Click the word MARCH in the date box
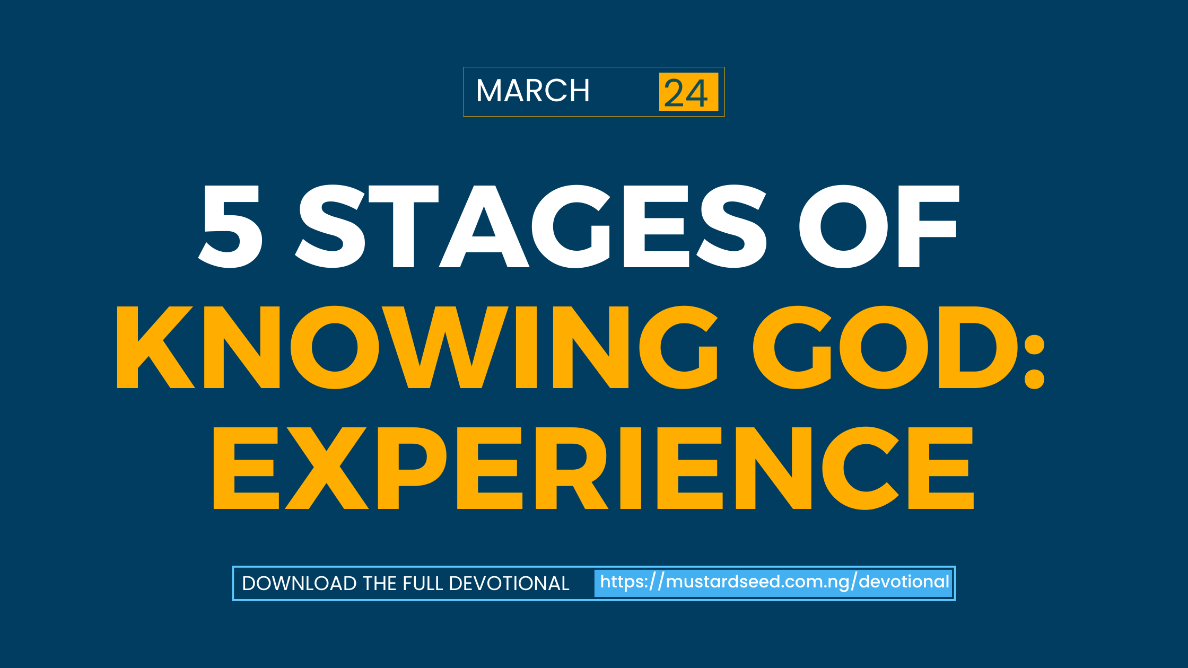click(x=532, y=91)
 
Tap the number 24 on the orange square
click(x=686, y=93)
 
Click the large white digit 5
click(x=231, y=226)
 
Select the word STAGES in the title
click(x=530, y=226)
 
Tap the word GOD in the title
click(x=885, y=347)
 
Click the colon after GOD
click(x=1034, y=362)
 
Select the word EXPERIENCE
click(x=593, y=468)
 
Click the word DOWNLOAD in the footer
click(x=299, y=583)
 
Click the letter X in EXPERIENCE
click(x=327, y=468)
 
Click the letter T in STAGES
click(x=404, y=226)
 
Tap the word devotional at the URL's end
click(x=904, y=582)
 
